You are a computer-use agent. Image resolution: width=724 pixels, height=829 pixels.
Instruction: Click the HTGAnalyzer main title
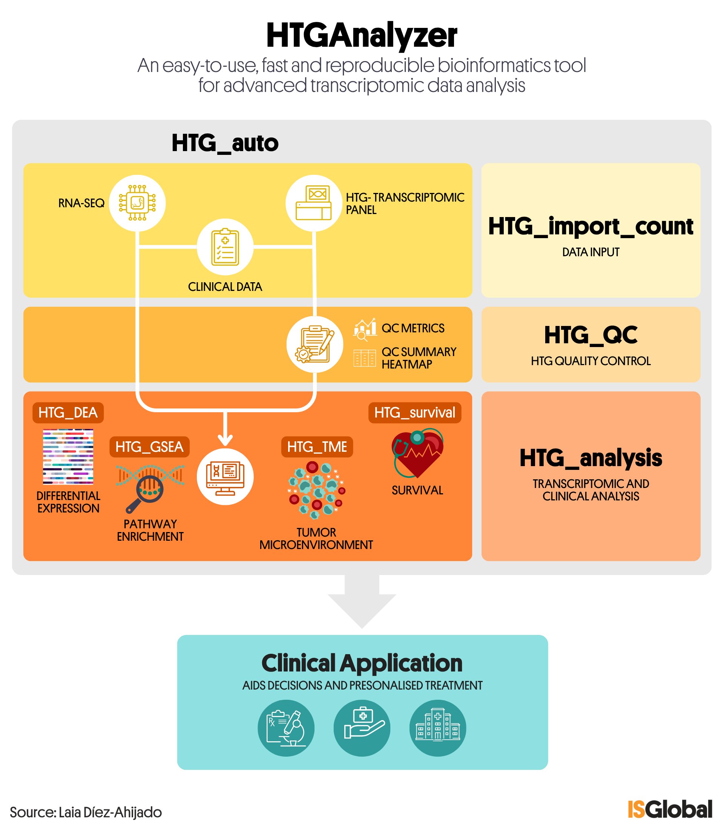pyautogui.click(x=362, y=36)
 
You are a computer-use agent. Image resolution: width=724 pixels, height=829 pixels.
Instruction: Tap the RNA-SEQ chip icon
pyautogui.click(x=137, y=203)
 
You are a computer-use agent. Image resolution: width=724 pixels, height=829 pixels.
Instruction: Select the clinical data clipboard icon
pyautogui.click(x=225, y=247)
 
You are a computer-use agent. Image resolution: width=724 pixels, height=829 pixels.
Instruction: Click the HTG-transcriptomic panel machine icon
pyautogui.click(x=314, y=203)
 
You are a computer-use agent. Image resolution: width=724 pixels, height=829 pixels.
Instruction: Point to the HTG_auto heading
pyautogui.click(x=225, y=143)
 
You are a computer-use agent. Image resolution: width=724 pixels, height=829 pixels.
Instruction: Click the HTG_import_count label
pyautogui.click(x=591, y=226)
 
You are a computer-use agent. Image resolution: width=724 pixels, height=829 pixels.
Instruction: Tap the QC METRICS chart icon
pyautogui.click(x=365, y=329)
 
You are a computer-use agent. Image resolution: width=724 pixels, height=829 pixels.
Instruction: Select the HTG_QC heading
pyautogui.click(x=591, y=335)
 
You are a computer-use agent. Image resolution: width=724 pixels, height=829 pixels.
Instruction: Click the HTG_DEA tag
pyautogui.click(x=68, y=413)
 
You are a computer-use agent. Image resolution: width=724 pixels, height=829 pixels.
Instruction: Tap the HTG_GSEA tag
pyautogui.click(x=149, y=447)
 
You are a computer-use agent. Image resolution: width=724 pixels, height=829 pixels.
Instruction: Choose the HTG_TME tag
pyautogui.click(x=317, y=447)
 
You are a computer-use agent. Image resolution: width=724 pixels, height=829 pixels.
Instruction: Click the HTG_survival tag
pyautogui.click(x=415, y=413)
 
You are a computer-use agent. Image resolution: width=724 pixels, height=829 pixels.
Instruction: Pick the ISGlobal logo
pyautogui.click(x=670, y=809)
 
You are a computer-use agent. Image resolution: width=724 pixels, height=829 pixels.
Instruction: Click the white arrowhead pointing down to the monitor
pyautogui.click(x=225, y=440)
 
